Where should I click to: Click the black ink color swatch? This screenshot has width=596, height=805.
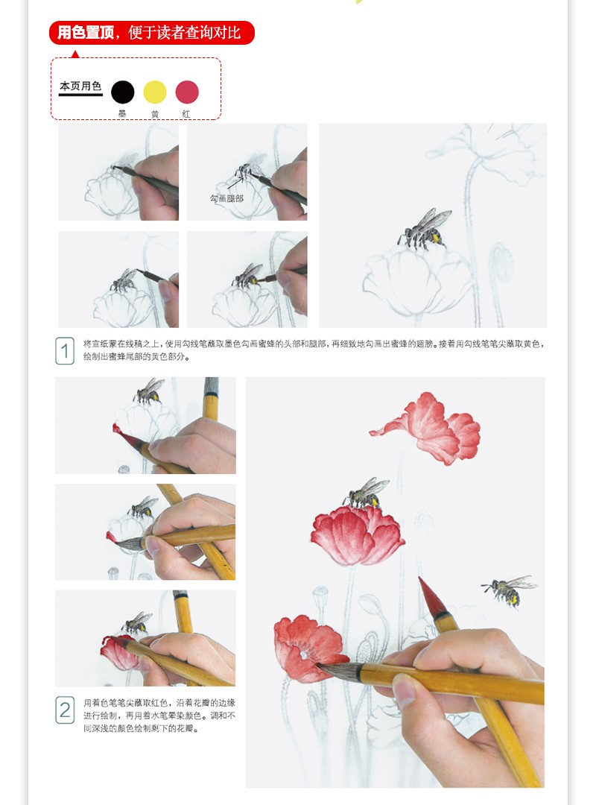pos(123,92)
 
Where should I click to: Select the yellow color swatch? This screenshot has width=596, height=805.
pos(155,92)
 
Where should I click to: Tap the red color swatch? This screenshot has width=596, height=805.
pos(187,92)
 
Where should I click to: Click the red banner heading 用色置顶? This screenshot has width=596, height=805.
pos(152,33)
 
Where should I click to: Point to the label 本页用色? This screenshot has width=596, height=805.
pos(80,86)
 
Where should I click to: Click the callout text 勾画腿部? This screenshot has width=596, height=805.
pos(226,199)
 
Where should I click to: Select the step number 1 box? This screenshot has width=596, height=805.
pos(65,350)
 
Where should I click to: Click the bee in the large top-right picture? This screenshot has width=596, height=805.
pos(425,230)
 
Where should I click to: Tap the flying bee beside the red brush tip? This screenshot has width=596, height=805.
pos(511,589)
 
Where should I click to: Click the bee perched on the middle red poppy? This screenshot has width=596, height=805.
pos(366,493)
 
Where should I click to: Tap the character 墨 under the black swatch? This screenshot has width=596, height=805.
pos(122,113)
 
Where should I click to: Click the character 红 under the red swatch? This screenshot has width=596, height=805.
pos(186,113)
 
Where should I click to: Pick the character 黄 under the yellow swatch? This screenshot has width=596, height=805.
pos(155,113)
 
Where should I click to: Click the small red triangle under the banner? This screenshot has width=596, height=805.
pos(74,54)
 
